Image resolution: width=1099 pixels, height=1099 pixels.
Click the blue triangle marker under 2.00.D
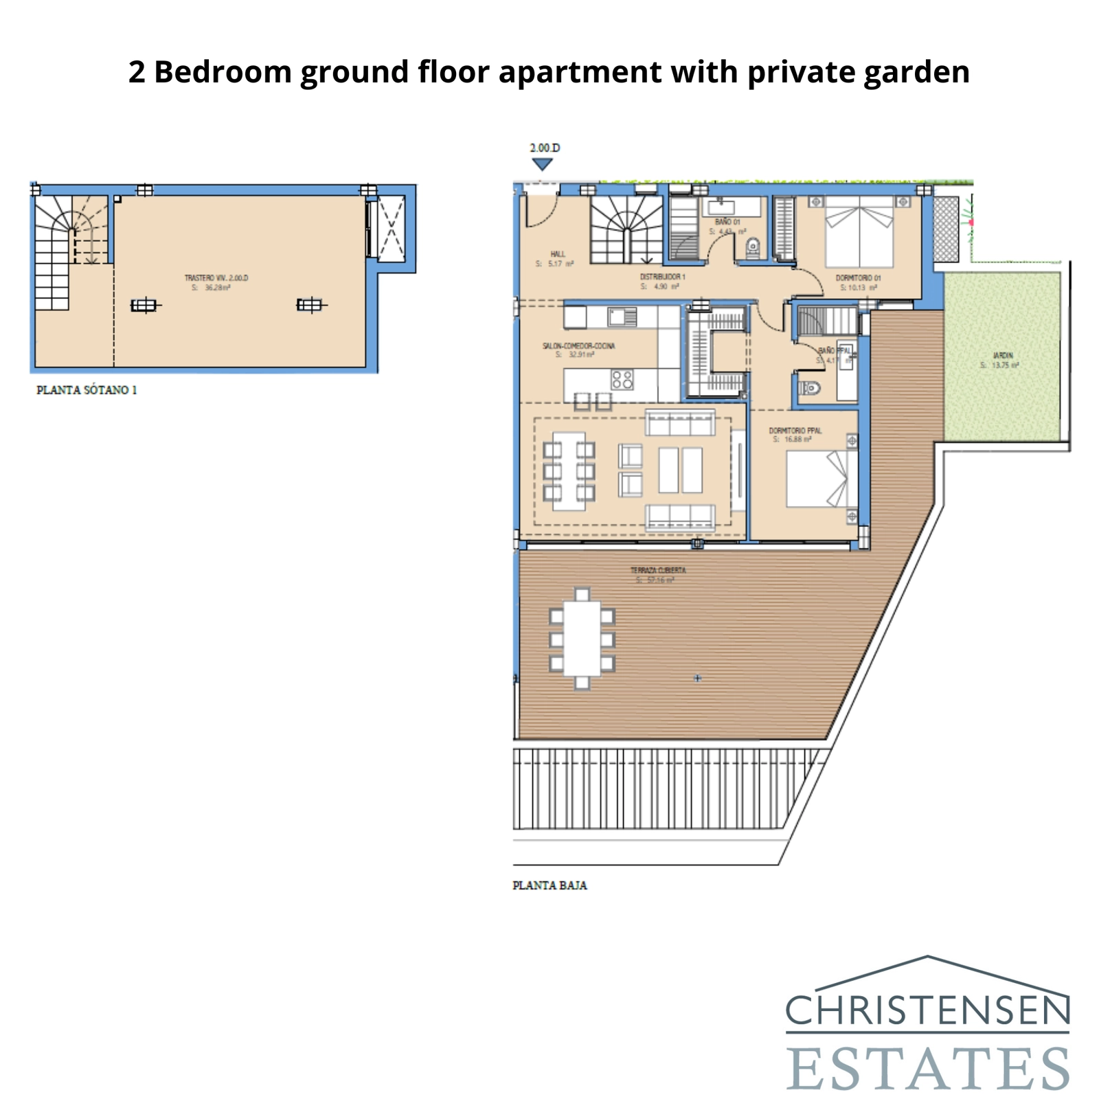pos(543,164)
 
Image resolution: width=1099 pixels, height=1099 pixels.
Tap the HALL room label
pos(558,254)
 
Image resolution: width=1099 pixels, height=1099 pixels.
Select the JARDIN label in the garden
pos(1003,355)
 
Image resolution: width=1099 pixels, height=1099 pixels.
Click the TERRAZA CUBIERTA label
pos(657,570)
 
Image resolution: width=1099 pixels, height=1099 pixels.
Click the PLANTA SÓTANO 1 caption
pos(87,390)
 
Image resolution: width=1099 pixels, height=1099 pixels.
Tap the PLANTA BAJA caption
pos(549,885)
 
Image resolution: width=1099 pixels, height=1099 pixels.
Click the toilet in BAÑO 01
pos(753,245)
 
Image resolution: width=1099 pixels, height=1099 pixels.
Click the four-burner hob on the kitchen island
pos(622,379)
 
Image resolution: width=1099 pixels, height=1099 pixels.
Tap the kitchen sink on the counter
pos(622,317)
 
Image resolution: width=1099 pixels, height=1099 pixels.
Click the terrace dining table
pos(582,639)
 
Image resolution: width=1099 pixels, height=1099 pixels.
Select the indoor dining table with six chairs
pos(569,471)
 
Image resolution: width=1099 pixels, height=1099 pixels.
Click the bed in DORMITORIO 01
pos(859,231)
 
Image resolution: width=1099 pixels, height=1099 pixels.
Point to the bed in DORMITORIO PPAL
pos(817,479)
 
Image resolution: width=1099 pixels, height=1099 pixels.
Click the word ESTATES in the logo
pos(927,1068)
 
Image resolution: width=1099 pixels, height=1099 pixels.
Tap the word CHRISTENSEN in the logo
pos(927,1010)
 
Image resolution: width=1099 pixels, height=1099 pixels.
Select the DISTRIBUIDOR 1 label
pos(662,276)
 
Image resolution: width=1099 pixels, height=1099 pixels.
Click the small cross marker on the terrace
pos(697,678)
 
